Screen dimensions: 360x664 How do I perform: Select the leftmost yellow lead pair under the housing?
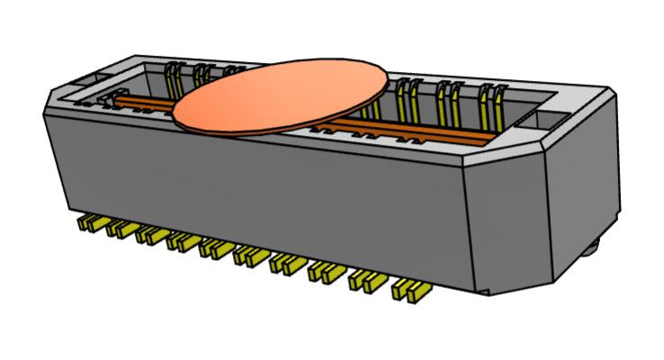coord(89,221)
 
